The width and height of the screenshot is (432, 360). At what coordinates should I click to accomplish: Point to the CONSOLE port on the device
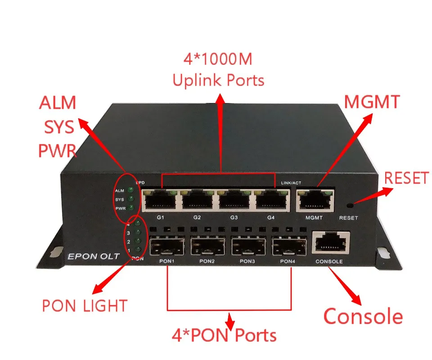[331, 243]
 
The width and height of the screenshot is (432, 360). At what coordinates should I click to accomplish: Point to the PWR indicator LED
[130, 207]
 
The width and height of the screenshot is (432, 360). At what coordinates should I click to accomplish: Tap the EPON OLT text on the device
[94, 256]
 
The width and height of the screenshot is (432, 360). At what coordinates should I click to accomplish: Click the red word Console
[363, 316]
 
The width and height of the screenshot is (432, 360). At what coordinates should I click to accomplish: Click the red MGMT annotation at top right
[372, 102]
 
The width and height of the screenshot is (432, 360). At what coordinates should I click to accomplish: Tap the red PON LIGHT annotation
[84, 306]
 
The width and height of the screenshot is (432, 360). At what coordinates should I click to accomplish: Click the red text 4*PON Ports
[224, 336]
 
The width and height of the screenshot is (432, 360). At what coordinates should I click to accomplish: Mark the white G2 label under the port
[197, 217]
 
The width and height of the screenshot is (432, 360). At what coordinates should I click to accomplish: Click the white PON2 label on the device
[207, 261]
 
